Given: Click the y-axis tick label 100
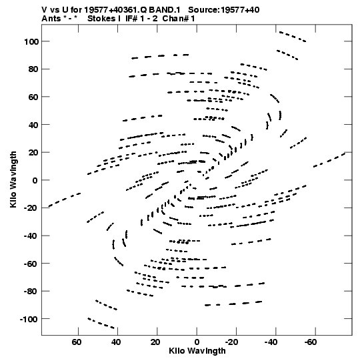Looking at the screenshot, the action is (x=31, y=41).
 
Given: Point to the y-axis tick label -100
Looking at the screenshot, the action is (x=29, y=320).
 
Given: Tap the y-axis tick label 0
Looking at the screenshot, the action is (x=35, y=180).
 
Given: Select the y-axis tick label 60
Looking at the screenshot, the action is (x=33, y=97).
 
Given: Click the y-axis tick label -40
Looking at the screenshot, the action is (x=31, y=236).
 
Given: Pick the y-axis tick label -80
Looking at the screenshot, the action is (x=31, y=292).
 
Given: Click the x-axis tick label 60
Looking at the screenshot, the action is (x=77, y=342).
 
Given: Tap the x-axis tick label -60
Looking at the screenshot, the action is (x=310, y=342).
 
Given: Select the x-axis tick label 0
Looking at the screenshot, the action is (x=197, y=342).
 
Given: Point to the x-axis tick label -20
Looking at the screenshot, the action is (x=231, y=342).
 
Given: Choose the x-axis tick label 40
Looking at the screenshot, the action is (x=116, y=342).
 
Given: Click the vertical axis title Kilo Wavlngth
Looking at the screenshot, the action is (x=13, y=179).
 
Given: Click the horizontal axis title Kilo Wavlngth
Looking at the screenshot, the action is (x=197, y=351).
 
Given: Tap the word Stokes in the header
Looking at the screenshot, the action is (x=101, y=19).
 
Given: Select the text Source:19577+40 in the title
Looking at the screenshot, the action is (x=224, y=10).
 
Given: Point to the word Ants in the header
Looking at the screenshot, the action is (x=51, y=19).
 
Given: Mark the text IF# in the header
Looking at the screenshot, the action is (x=132, y=19).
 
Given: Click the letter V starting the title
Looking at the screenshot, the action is (x=44, y=10).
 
